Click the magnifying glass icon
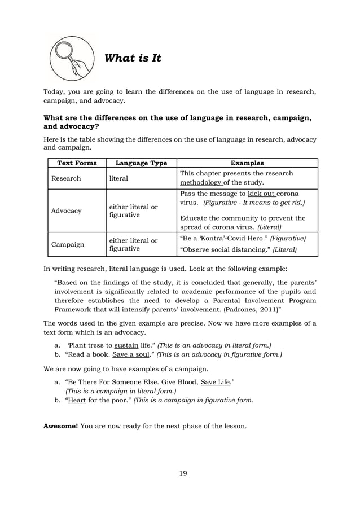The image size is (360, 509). tap(71, 59)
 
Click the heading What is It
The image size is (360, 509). tap(133, 58)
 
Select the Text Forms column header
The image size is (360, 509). tap(77, 163)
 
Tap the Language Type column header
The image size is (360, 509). tap(141, 163)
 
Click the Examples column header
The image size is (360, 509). tap(248, 163)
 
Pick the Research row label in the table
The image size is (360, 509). tap(66, 178)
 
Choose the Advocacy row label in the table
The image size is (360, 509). tap(67, 210)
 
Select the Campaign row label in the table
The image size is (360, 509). tap(68, 245)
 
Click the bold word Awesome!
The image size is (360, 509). tap(61, 425)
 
